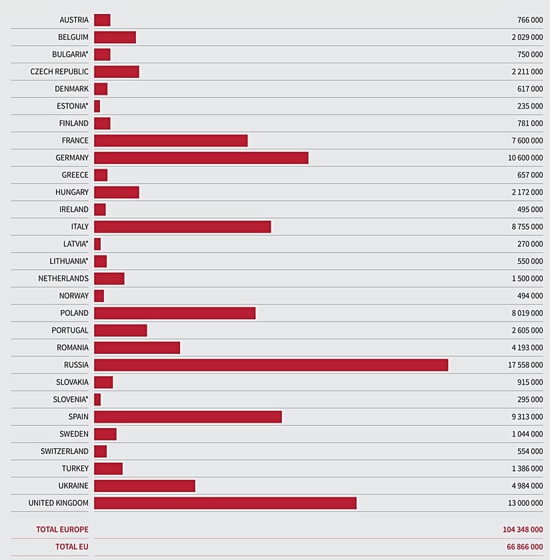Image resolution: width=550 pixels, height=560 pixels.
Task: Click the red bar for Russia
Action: tap(271, 365)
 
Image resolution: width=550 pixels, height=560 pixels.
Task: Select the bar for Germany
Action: tap(201, 157)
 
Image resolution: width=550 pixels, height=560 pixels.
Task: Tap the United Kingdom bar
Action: tap(225, 503)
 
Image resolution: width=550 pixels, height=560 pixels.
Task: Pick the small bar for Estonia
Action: tap(97, 106)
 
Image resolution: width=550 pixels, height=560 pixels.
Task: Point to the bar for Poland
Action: tap(175, 313)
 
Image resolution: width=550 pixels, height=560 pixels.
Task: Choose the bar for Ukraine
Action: tap(145, 485)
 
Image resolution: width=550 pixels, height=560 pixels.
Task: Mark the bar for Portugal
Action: tap(120, 330)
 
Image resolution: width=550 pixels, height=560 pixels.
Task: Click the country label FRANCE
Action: tap(75, 141)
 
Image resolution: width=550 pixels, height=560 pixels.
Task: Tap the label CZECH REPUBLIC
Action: tap(59, 71)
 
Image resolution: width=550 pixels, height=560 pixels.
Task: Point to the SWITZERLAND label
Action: tap(64, 451)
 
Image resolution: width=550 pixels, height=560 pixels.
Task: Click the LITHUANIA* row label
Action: tap(69, 261)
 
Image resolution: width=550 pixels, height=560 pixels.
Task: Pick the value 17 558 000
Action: tap(525, 365)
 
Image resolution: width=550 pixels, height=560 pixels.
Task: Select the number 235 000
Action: tap(530, 106)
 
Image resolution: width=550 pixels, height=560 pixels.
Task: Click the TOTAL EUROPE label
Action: tap(62, 529)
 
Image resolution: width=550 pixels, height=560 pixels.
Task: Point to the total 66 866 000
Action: tap(525, 547)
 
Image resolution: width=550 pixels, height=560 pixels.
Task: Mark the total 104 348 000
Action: tap(523, 529)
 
